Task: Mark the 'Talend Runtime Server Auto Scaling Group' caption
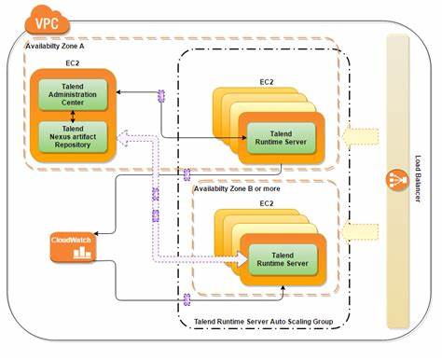(266, 321)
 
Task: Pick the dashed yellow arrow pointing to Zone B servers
(358, 230)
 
